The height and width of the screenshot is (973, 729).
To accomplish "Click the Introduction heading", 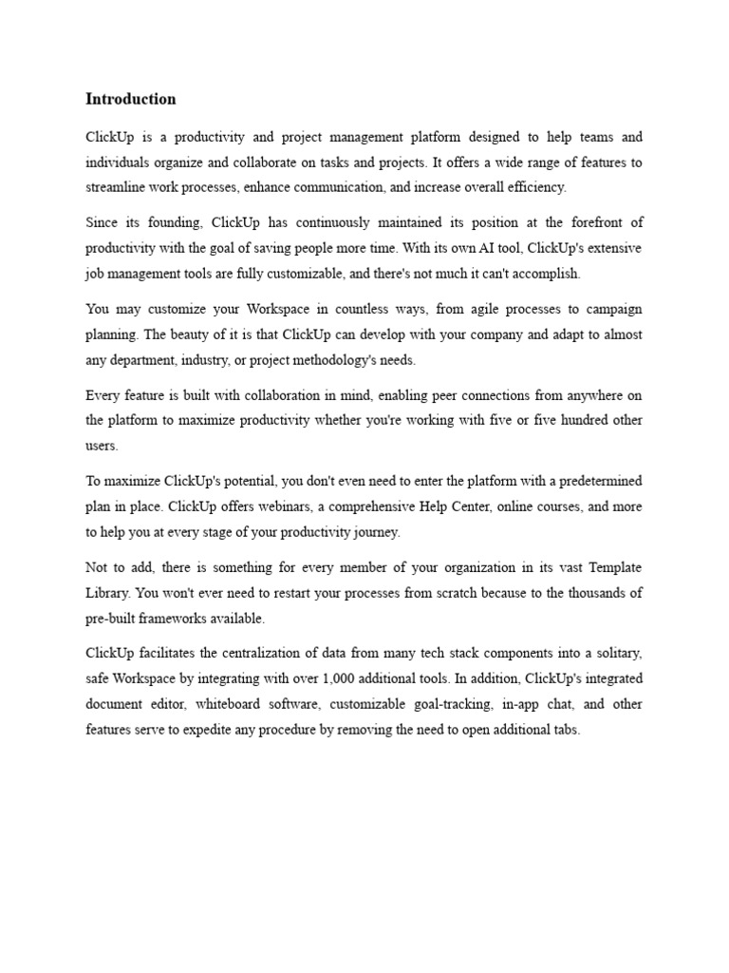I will point(131,99).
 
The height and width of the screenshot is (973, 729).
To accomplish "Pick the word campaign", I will point(609,311).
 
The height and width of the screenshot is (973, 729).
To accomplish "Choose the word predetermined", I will point(593,482).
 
